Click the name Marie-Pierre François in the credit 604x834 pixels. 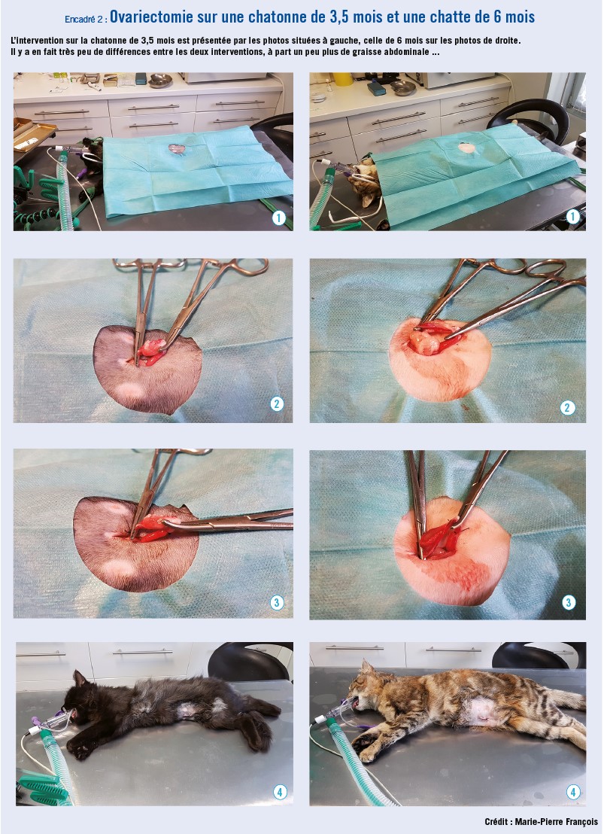(556, 822)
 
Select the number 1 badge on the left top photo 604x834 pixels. (278, 218)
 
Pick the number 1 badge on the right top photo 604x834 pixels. (572, 217)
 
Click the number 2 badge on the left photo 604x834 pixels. (277, 404)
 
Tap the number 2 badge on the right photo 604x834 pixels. (567, 408)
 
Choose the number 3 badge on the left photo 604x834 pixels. (277, 603)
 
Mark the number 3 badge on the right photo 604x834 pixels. (569, 603)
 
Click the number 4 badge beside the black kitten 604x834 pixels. (280, 792)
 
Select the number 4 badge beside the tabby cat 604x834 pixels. (572, 792)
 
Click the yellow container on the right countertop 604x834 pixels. (344, 79)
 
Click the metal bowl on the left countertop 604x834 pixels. (160, 81)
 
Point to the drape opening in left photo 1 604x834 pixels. (177, 150)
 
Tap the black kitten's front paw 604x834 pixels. (80, 747)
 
